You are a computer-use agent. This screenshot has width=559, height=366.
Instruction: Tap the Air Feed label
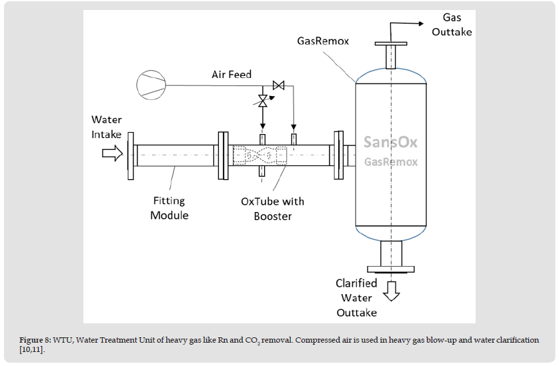[231, 74]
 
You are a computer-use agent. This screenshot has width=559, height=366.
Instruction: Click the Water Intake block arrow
[110, 155]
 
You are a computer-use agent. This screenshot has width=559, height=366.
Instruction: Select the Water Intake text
[107, 127]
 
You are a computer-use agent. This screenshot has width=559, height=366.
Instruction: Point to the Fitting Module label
[169, 208]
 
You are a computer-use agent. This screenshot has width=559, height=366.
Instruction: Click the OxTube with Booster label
[272, 209]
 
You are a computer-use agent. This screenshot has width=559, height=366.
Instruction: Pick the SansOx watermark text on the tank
[391, 143]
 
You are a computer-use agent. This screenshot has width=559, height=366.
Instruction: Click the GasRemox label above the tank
[323, 41]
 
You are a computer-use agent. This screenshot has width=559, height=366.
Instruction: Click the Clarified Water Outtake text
[356, 297]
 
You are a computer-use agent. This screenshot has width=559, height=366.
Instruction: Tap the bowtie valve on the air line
[279, 85]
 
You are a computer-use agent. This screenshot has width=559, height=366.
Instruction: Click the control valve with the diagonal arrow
[263, 101]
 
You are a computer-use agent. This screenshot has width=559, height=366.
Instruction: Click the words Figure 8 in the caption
[37, 340]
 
